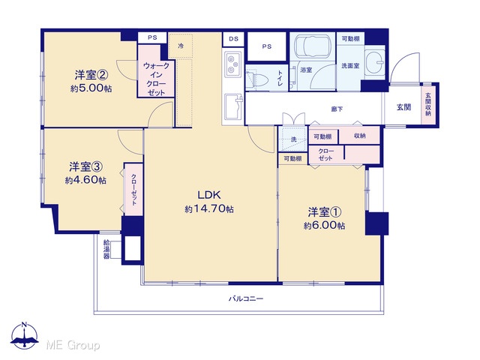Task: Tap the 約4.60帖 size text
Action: coord(85,181)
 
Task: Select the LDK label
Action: coord(209,195)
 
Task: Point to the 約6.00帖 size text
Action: coord(325,226)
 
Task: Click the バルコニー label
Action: coord(246,298)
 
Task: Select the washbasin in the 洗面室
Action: coord(375,61)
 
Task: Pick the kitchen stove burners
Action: coord(232,64)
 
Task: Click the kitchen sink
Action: coord(234,107)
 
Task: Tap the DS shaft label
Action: coord(234,39)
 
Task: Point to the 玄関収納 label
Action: coord(428,104)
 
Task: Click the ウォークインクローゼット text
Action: coord(156,79)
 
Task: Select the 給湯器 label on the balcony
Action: coord(106,249)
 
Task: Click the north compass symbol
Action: coord(25,336)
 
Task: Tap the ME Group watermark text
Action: coord(73,345)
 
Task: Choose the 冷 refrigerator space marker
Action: coord(181,46)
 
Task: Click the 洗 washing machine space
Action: coord(293,139)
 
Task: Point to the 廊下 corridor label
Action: coord(337,109)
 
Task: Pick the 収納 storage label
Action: coord(359,136)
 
